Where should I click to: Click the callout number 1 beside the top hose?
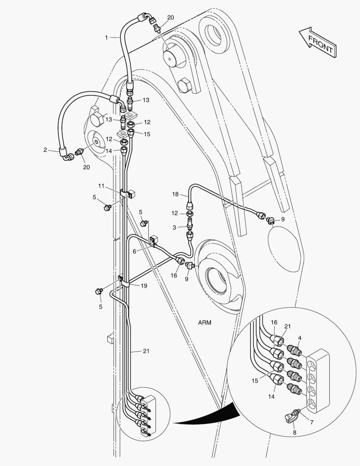(x=106, y=38)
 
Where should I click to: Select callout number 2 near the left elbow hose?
(x=45, y=150)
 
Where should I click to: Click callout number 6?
(x=134, y=251)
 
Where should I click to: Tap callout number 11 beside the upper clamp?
(x=101, y=186)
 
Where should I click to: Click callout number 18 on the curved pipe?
(x=175, y=195)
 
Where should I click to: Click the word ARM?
(x=206, y=322)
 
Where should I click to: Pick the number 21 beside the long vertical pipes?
(x=146, y=351)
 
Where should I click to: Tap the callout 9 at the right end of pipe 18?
(x=283, y=219)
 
